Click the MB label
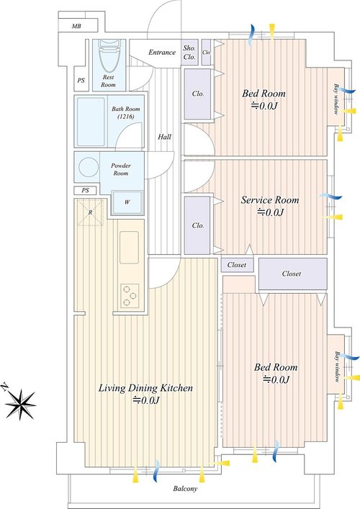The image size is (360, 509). pyautogui.click(x=76, y=27)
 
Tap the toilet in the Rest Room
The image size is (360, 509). pyautogui.click(x=109, y=55)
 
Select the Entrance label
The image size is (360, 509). pyautogui.click(x=162, y=53)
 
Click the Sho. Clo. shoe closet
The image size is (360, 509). pyautogui.click(x=189, y=53)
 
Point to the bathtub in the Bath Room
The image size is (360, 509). pyautogui.click(x=91, y=122)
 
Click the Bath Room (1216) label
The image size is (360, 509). pyautogui.click(x=125, y=112)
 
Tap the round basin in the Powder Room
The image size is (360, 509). pyautogui.click(x=89, y=168)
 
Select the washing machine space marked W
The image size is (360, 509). pyautogui.click(x=127, y=202)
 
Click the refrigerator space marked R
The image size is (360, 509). pyautogui.click(x=90, y=212)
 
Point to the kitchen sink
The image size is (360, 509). pyautogui.click(x=129, y=247)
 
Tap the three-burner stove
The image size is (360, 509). pyautogui.click(x=130, y=296)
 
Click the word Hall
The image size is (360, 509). pyautogui.click(x=165, y=137)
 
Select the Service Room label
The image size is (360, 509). pyautogui.click(x=270, y=200)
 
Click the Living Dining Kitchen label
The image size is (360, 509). pyautogui.click(x=145, y=388)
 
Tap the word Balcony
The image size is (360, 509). pyautogui.click(x=185, y=489)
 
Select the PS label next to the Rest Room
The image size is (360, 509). pyautogui.click(x=81, y=80)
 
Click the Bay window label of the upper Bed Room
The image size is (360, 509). pyautogui.click(x=336, y=99)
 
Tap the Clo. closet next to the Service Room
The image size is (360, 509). pyautogui.click(x=198, y=225)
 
